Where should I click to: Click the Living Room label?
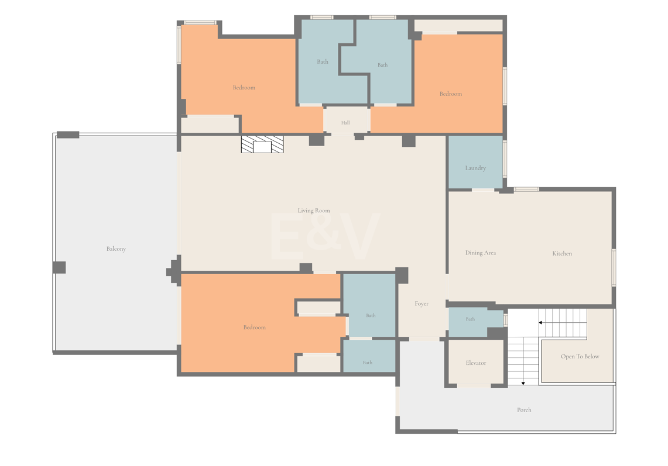coord(314,210)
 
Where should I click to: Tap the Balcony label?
coord(116,248)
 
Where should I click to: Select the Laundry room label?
coord(475,168)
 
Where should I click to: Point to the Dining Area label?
coord(480,253)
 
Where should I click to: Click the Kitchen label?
coord(562,253)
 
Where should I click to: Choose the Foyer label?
coord(422,303)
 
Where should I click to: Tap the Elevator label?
coord(475,363)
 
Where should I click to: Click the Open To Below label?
coord(580,356)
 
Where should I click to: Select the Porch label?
coord(524,410)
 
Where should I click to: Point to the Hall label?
coord(345,123)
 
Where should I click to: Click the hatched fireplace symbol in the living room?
coord(262,144)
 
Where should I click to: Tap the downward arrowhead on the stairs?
coord(523,383)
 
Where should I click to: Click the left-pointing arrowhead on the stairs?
coord(540,323)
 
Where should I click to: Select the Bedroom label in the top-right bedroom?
coord(450,94)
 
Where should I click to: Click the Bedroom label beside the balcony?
coord(254,327)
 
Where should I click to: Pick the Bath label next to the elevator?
coord(470,319)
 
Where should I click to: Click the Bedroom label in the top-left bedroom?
coord(244,87)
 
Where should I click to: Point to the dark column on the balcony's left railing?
coord(59,267)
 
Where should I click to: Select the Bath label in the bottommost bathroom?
coord(367,363)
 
